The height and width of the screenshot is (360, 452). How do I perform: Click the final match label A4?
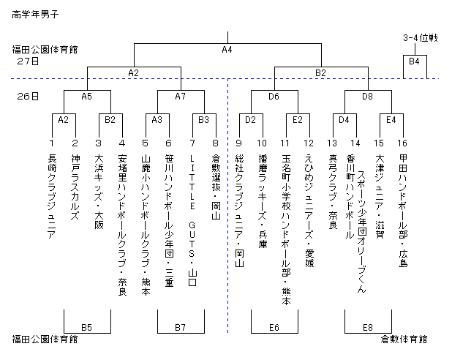[x=227, y=50]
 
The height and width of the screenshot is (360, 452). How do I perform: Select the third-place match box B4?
[x=413, y=61]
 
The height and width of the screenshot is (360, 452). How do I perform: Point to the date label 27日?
[x=29, y=61]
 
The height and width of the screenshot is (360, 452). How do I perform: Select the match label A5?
[x=86, y=96]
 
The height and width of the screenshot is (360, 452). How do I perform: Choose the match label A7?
[x=180, y=96]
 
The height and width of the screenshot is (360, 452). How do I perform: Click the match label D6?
[x=274, y=96]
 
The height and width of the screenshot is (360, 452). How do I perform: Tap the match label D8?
[x=367, y=96]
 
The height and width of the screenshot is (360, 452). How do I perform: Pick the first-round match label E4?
[x=391, y=119]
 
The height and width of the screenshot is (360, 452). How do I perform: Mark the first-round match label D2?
[x=250, y=119]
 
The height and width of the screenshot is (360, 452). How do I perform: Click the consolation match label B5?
[x=86, y=328]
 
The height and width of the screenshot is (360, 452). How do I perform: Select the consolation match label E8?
[x=367, y=328]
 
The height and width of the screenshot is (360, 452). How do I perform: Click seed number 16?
[x=403, y=143]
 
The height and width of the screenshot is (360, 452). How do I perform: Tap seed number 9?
[x=238, y=143]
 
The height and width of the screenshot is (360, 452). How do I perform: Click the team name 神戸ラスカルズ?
[x=75, y=182]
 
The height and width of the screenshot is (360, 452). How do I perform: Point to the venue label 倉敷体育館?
[x=404, y=340]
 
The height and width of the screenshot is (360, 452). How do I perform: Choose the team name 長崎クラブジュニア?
[x=51, y=193]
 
